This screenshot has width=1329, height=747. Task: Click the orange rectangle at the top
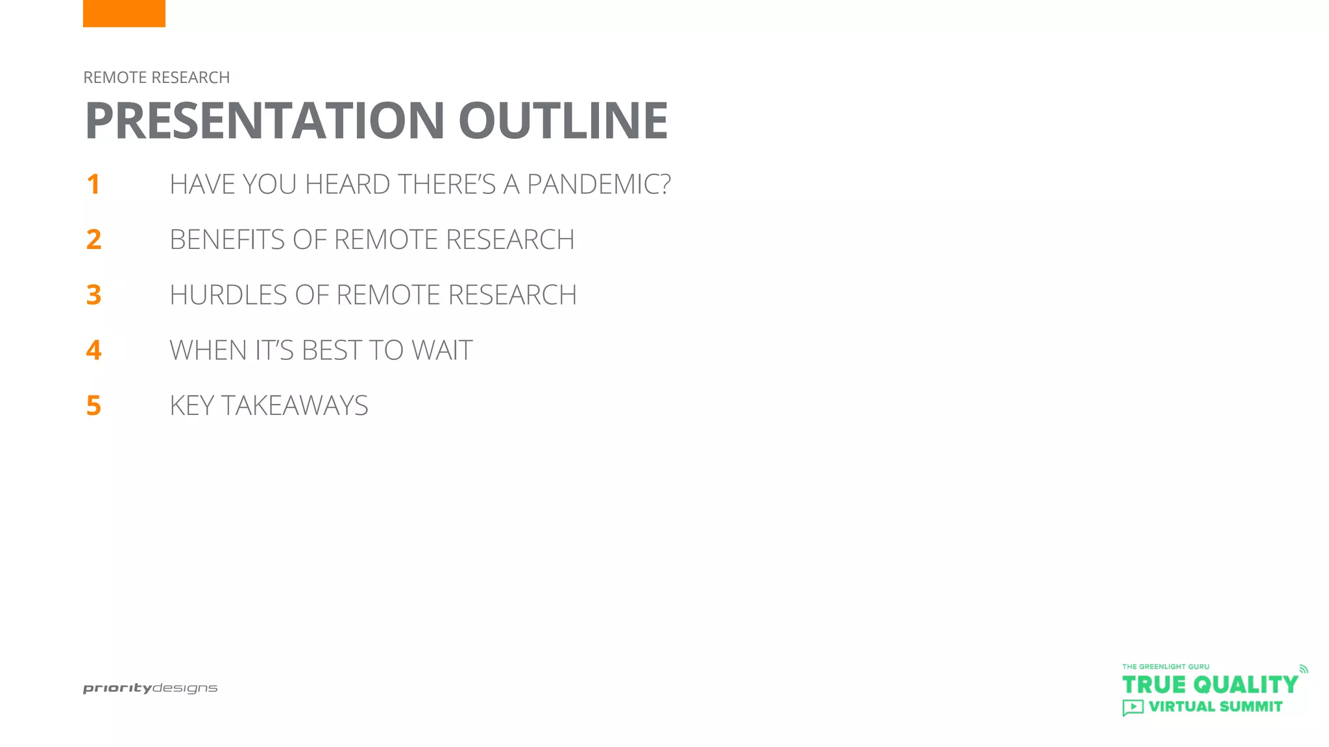pos(124,13)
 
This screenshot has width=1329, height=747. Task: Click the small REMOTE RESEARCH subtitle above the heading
pos(156,78)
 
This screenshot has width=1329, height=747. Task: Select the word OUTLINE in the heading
pos(563,121)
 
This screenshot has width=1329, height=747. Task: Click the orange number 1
pos(93,185)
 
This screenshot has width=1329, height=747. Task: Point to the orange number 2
pos(93,240)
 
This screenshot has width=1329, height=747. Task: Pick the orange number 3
pos(93,295)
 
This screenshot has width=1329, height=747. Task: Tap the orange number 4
pos(93,350)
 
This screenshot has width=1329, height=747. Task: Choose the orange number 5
pos(93,406)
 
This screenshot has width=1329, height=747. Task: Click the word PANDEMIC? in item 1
pos(598,185)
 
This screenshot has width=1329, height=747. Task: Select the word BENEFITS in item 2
pos(227,240)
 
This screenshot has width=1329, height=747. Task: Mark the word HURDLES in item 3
pos(228,295)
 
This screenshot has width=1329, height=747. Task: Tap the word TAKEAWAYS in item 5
pos(295,406)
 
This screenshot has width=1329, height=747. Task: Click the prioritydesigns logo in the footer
pos(150,689)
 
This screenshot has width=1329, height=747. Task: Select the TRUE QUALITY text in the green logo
pos(1210,685)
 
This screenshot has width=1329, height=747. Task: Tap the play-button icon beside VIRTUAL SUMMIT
pos(1133,707)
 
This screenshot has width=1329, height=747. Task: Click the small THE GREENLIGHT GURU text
pos(1165,667)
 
